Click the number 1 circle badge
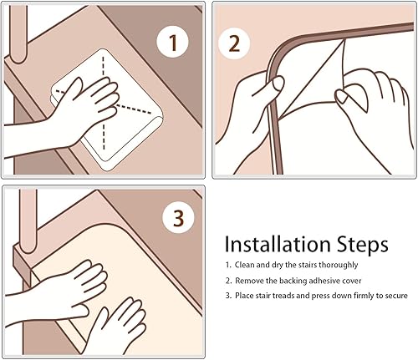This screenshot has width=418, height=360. [x=173, y=42]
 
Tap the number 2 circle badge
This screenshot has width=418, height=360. [x=234, y=43]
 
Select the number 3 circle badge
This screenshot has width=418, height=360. [x=179, y=217]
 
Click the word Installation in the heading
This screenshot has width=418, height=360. [x=277, y=245]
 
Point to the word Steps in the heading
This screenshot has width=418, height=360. [x=362, y=245]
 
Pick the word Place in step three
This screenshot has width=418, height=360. [x=244, y=296]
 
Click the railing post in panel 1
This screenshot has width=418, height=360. [x=18, y=33]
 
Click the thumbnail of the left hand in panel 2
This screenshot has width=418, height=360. [x=278, y=84]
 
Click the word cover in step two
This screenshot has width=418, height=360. [x=351, y=281]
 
